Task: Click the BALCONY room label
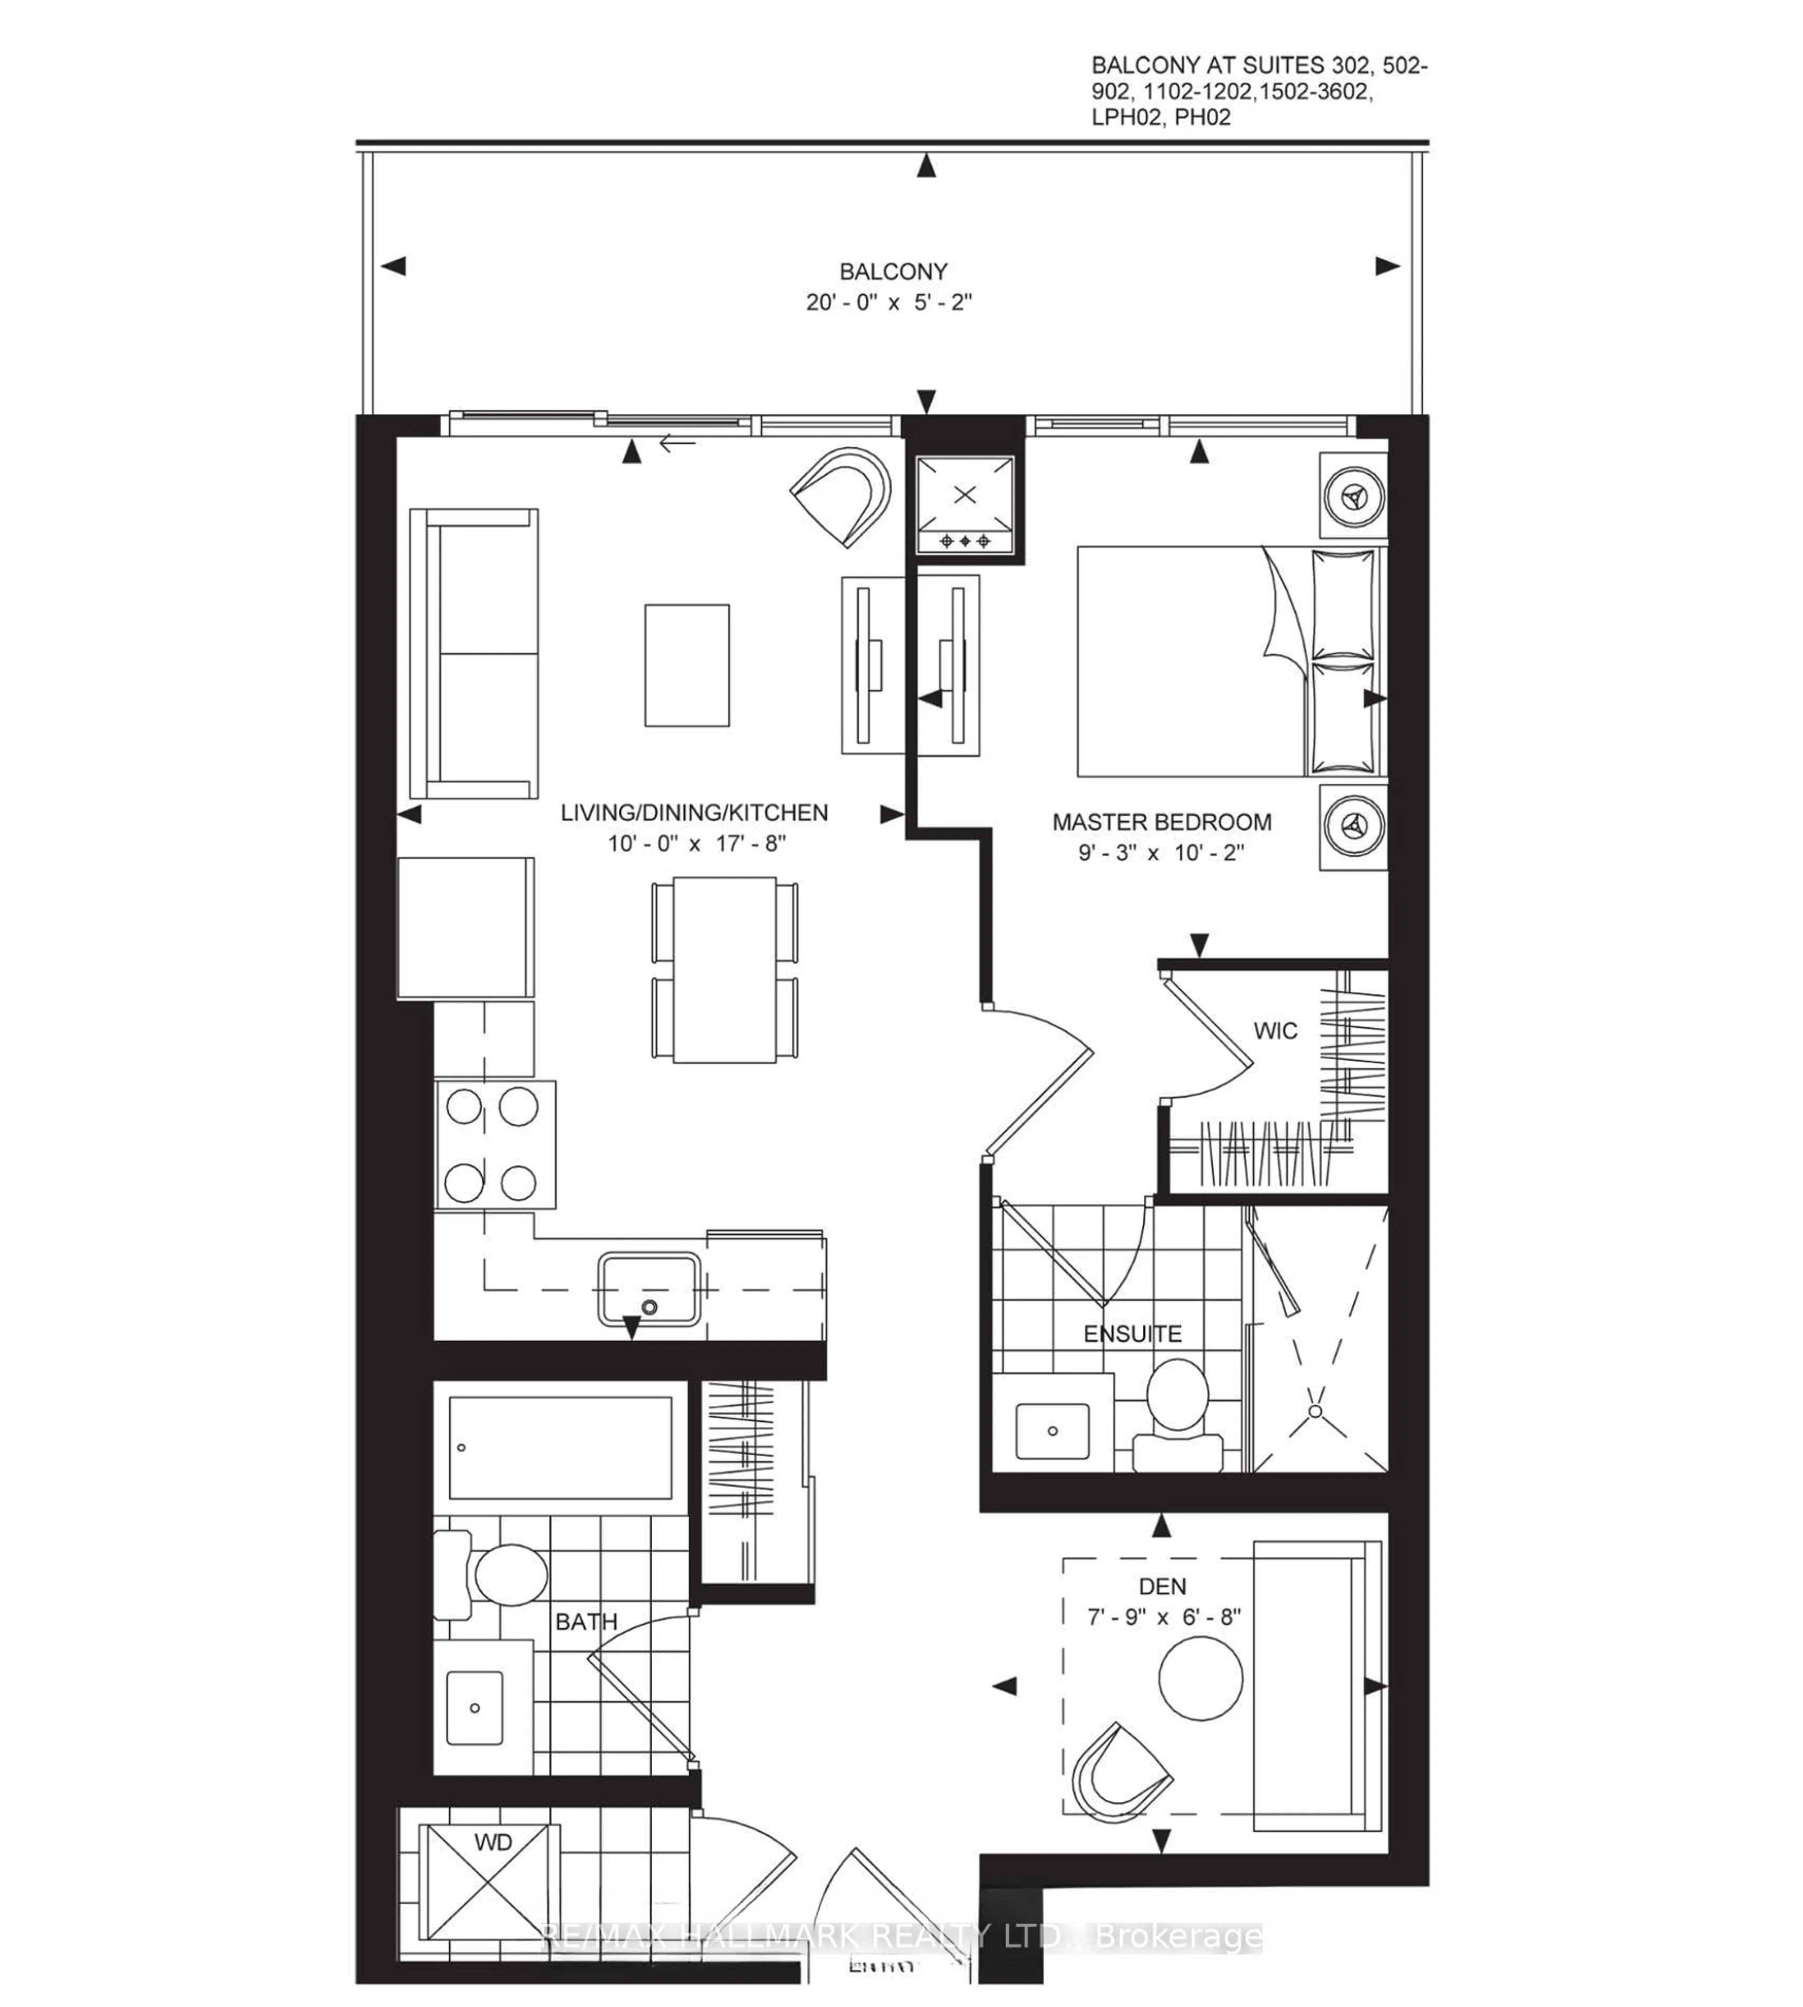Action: click(x=893, y=271)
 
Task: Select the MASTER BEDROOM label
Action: click(x=1161, y=822)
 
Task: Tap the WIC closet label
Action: click(x=1275, y=1031)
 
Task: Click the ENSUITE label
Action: click(x=1133, y=1335)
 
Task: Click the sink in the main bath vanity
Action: click(x=475, y=1708)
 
